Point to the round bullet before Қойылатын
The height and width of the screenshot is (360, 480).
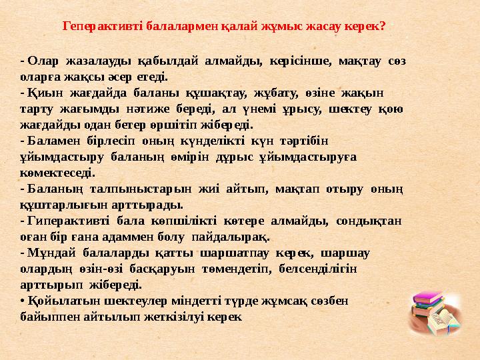[x=23, y=301]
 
